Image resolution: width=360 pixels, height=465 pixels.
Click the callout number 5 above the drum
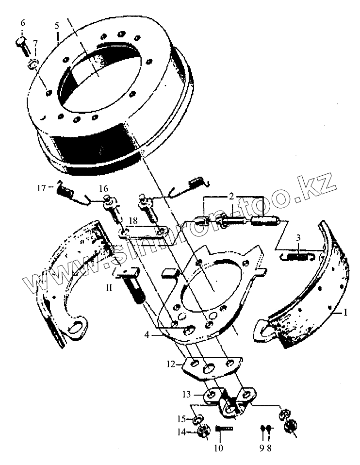click(x=57, y=25)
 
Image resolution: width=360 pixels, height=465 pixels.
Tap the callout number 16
click(x=103, y=188)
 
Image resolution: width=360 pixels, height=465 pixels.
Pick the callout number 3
click(x=299, y=238)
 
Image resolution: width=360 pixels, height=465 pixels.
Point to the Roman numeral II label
click(x=109, y=287)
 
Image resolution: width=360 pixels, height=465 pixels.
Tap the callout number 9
click(x=262, y=447)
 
